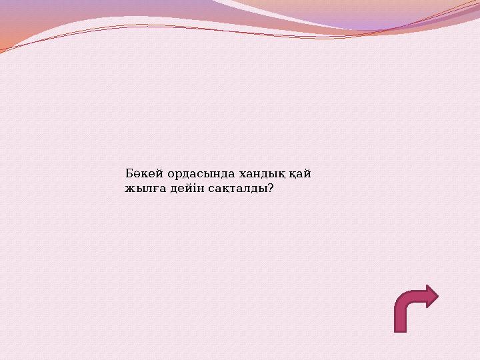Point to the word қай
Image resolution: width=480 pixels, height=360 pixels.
[x=299, y=174]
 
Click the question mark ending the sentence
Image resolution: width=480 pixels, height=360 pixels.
[x=270, y=189]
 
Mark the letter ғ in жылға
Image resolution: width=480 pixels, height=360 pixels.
[x=151, y=189]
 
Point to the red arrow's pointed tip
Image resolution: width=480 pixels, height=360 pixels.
[x=437, y=296]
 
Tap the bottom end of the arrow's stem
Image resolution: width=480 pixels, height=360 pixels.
[x=401, y=329]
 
